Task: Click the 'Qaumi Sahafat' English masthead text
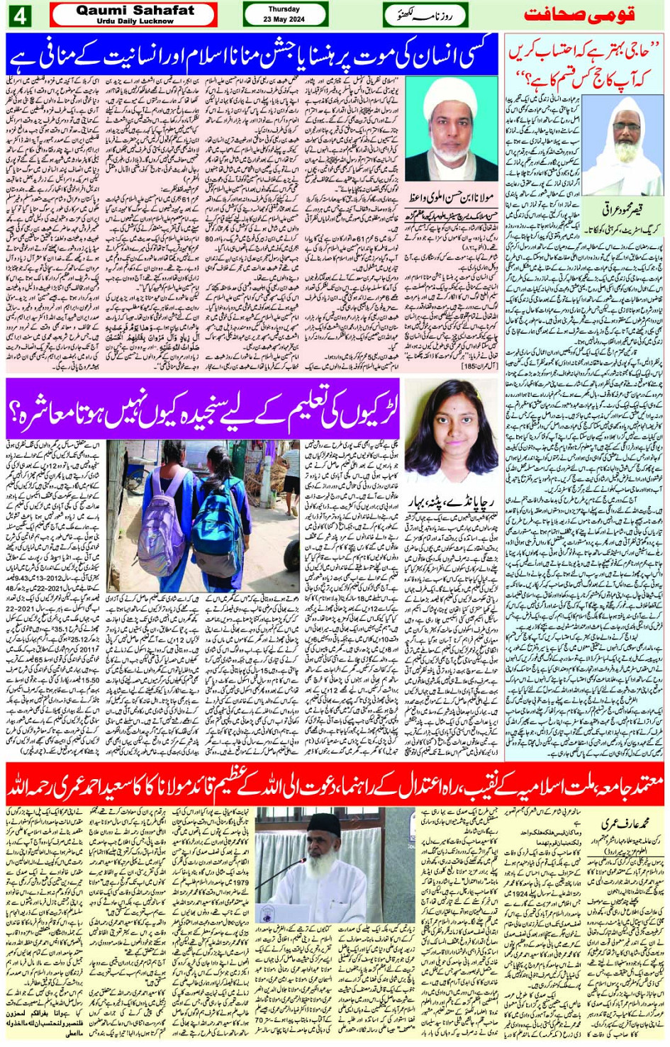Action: [135, 11]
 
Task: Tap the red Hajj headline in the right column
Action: [585, 65]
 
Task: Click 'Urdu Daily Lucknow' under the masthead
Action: [135, 21]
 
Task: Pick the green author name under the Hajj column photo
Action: [623, 210]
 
